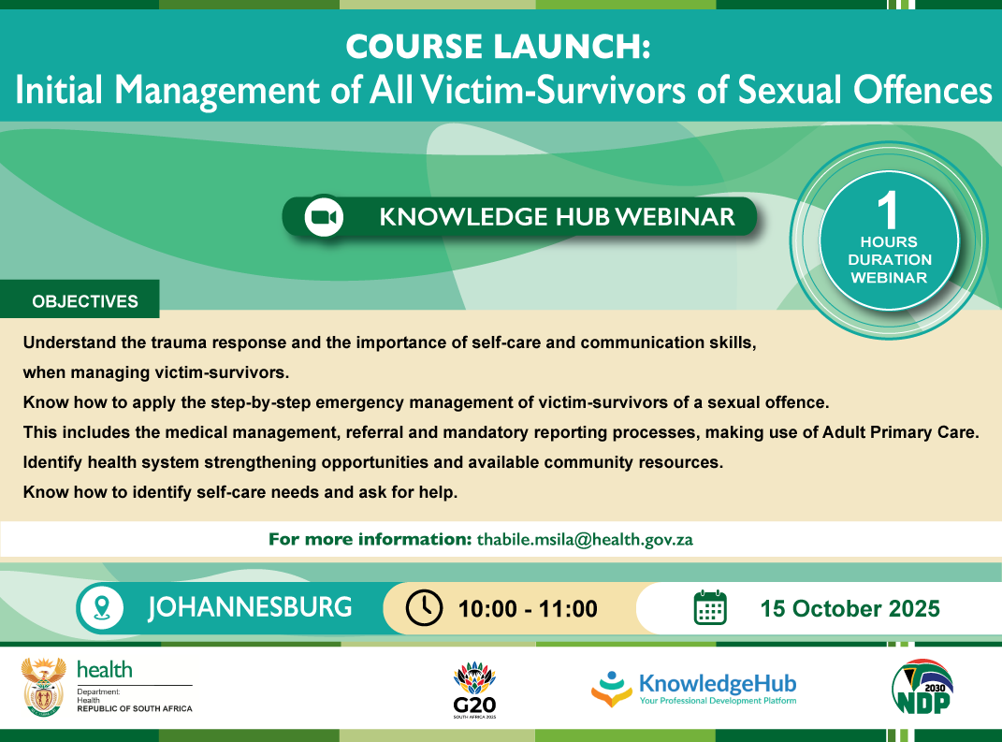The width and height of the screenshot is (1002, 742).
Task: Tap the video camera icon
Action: (324, 217)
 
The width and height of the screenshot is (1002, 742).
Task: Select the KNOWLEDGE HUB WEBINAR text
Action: (557, 217)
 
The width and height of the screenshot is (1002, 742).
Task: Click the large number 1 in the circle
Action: (888, 210)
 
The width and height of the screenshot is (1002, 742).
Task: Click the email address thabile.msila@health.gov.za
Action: (585, 539)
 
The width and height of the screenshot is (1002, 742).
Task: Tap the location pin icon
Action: (102, 608)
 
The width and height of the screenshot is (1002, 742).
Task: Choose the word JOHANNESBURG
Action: (250, 607)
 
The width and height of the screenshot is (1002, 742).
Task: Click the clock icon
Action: (425, 608)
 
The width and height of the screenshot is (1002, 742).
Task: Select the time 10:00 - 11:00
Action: (528, 609)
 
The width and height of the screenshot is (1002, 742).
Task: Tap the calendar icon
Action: (710, 608)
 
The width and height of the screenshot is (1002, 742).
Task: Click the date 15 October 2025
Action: (850, 608)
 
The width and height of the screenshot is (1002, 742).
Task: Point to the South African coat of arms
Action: (43, 687)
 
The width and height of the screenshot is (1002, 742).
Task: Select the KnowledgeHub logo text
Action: (718, 684)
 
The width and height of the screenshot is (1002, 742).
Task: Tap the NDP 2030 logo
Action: (922, 687)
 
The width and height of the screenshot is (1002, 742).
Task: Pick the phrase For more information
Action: (370, 539)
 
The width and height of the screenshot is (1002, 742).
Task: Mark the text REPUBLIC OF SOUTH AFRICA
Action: (135, 708)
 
